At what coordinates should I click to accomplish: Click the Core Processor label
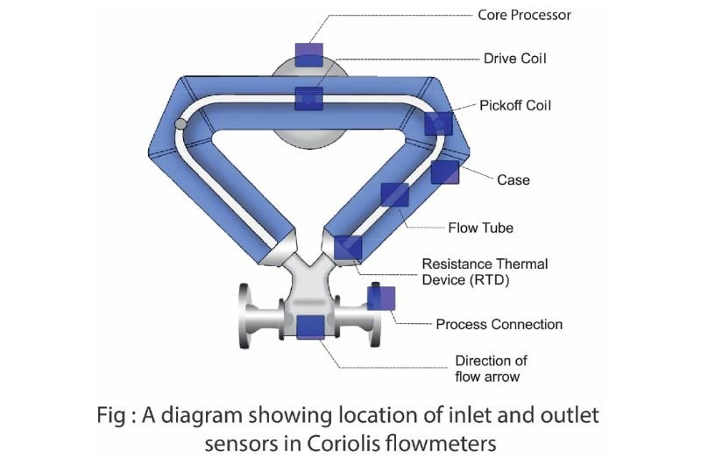pyautogui.click(x=524, y=15)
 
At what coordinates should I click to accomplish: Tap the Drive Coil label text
pyautogui.click(x=514, y=59)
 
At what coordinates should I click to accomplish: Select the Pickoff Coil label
pyautogui.click(x=515, y=105)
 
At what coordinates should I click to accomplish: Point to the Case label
pyautogui.click(x=513, y=179)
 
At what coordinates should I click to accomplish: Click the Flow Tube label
pyautogui.click(x=480, y=228)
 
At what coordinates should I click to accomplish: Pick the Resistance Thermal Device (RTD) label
pyautogui.click(x=485, y=271)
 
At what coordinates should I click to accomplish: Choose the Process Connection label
pyautogui.click(x=499, y=324)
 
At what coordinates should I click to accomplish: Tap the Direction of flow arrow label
pyautogui.click(x=491, y=369)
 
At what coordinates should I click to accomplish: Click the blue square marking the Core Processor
pyautogui.click(x=309, y=55)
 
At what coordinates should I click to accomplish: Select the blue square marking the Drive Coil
pyautogui.click(x=309, y=99)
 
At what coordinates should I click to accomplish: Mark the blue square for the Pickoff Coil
pyautogui.click(x=439, y=123)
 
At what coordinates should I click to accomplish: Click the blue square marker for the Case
pyautogui.click(x=445, y=172)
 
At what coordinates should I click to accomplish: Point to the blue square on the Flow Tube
pyautogui.click(x=395, y=194)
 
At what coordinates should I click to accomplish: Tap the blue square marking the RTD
pyautogui.click(x=348, y=247)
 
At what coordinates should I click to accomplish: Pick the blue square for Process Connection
pyautogui.click(x=381, y=299)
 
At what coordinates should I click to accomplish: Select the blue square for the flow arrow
pyautogui.click(x=311, y=327)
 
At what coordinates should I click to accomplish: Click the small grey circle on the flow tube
pyautogui.click(x=181, y=123)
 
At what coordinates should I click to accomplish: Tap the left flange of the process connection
pyautogui.click(x=244, y=316)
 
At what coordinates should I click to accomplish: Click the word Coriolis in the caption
pyautogui.click(x=343, y=444)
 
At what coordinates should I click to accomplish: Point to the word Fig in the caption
pyautogui.click(x=111, y=416)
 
